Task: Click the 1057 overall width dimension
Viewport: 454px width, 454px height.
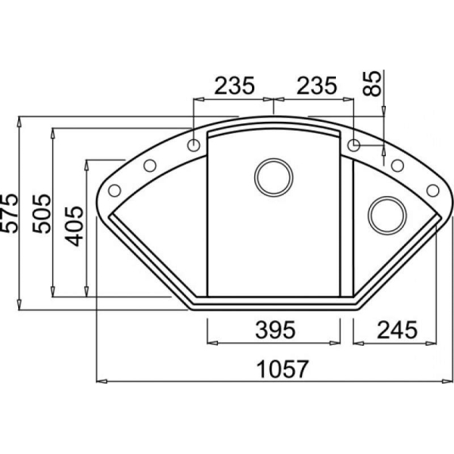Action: click(x=282, y=369)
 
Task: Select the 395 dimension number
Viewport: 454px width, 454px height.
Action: click(x=275, y=330)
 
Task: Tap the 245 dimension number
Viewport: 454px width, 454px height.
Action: click(x=397, y=330)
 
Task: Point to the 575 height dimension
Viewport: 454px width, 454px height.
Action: click(x=9, y=213)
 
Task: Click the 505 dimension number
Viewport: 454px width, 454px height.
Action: click(x=42, y=213)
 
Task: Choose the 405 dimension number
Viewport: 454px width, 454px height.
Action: click(x=74, y=226)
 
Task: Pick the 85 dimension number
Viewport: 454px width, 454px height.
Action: click(x=372, y=83)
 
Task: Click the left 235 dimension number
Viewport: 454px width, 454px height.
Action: click(x=235, y=86)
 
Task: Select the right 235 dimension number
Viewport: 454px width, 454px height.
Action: click(x=317, y=86)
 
